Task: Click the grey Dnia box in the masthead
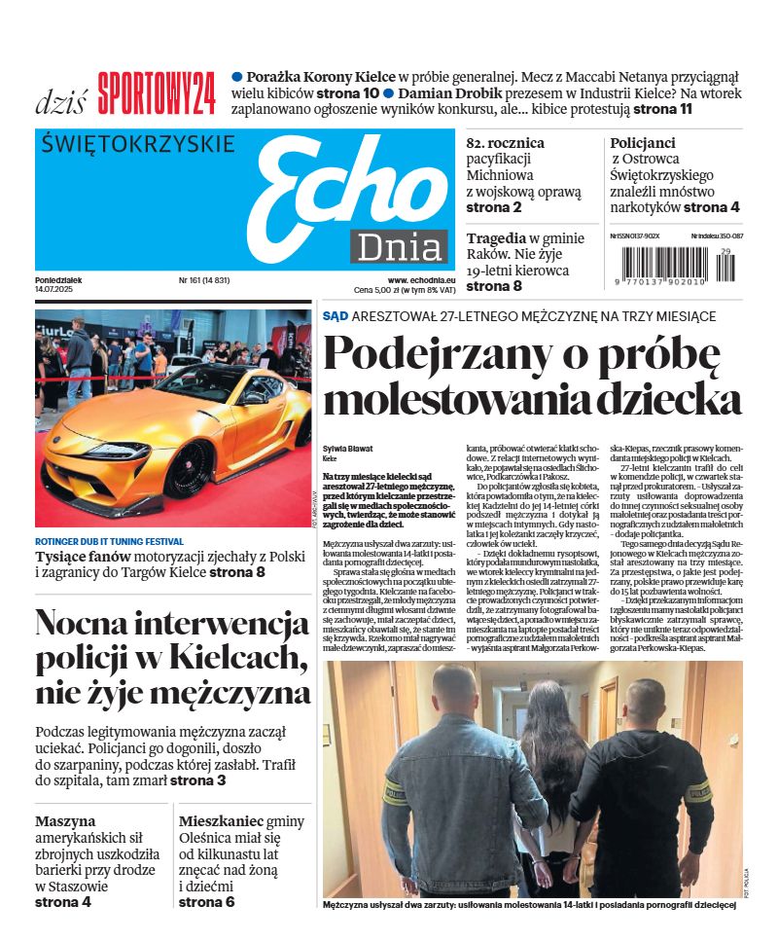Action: (399, 248)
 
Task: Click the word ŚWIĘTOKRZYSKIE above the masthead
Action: (139, 144)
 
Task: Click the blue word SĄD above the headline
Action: (336, 315)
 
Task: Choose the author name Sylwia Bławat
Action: (346, 449)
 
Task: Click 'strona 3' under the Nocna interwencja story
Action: (198, 780)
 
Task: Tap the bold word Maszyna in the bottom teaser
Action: (65, 821)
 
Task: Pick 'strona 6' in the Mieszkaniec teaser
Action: (207, 902)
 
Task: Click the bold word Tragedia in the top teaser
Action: (496, 238)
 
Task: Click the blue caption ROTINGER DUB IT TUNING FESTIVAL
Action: (109, 541)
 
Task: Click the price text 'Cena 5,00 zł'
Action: (383, 290)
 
